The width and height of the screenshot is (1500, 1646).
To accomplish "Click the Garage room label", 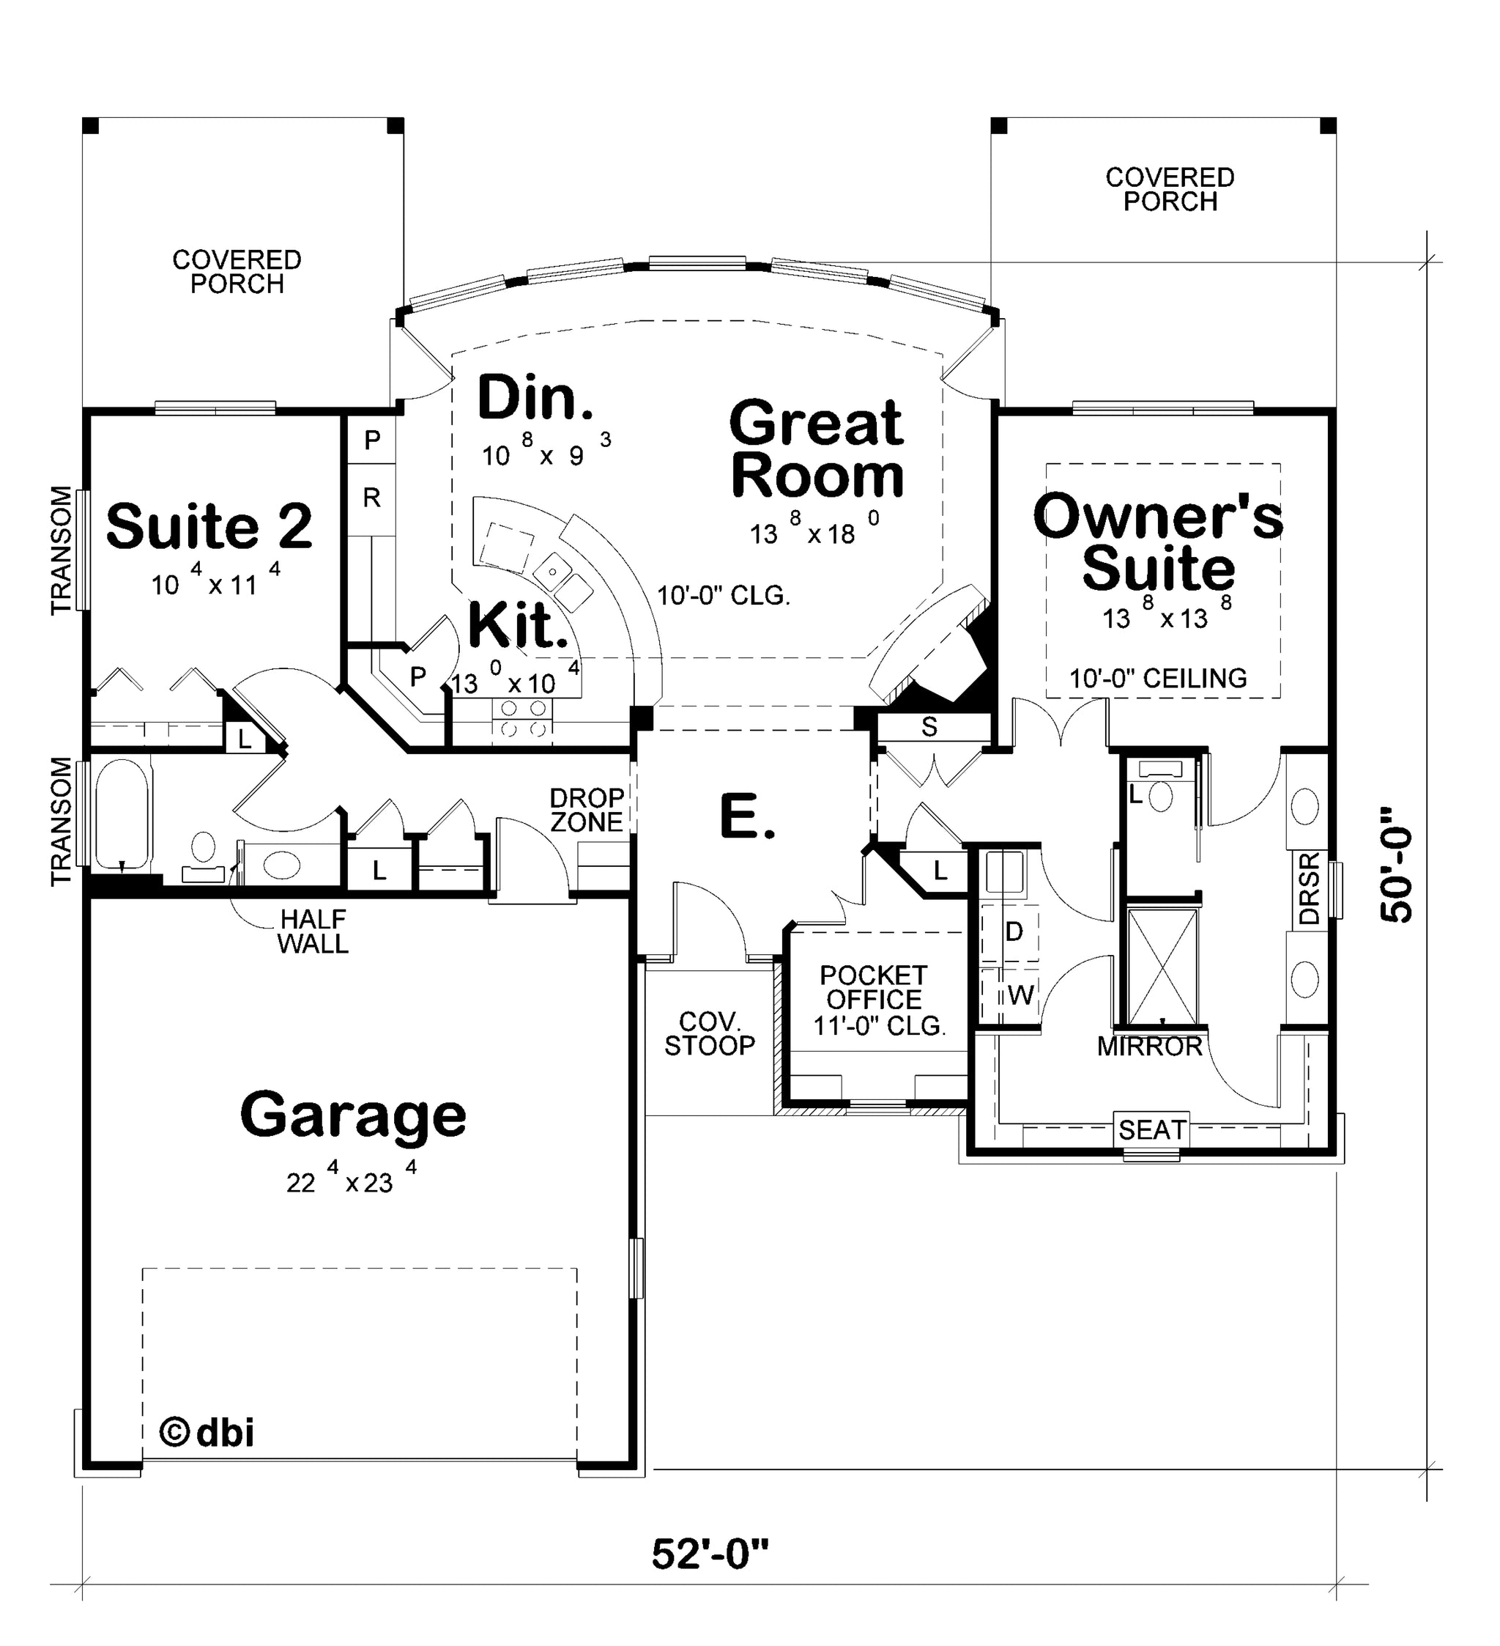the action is click(x=352, y=1116).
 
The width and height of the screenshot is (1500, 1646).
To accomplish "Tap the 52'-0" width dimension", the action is click(x=710, y=1554).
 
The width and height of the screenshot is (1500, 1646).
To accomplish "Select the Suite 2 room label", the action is click(x=209, y=527).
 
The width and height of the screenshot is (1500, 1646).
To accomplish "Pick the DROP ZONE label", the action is click(x=587, y=810).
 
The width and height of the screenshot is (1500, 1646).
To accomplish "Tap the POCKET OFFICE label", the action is click(x=873, y=987).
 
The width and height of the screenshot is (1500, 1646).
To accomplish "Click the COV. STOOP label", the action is click(x=709, y=1033).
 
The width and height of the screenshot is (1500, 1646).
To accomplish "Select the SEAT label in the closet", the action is click(x=1151, y=1130).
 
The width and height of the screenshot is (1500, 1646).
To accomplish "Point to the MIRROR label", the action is click(x=1149, y=1046).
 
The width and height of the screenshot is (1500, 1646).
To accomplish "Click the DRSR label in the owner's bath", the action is click(x=1308, y=888).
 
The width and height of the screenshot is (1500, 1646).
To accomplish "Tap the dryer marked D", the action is click(x=1012, y=931).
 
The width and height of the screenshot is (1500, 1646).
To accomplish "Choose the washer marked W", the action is click(x=1012, y=994).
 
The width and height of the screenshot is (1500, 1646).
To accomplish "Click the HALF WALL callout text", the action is click(x=313, y=931).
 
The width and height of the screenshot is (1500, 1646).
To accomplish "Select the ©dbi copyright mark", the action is click(x=206, y=1431).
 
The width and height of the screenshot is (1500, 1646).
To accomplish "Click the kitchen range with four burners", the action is click(x=522, y=717).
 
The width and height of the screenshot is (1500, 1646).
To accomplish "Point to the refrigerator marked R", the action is click(x=371, y=498).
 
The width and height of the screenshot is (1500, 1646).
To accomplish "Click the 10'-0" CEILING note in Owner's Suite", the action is click(x=1158, y=678).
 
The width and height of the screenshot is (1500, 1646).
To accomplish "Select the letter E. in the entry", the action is click(x=748, y=817).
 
